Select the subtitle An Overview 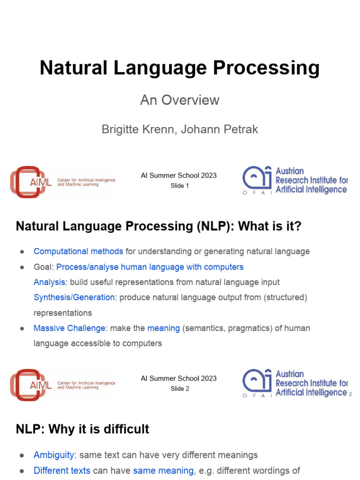coord(180,100)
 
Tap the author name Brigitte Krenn coord(138,129)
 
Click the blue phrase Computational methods coord(78,251)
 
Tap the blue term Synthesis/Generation coord(74,297)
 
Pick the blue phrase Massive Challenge coord(69,328)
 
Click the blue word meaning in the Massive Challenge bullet coord(164,328)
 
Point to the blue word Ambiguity coord(54,455)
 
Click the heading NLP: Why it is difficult coord(82,429)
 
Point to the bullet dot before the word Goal coord(22,267)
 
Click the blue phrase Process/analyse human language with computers coord(150,267)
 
